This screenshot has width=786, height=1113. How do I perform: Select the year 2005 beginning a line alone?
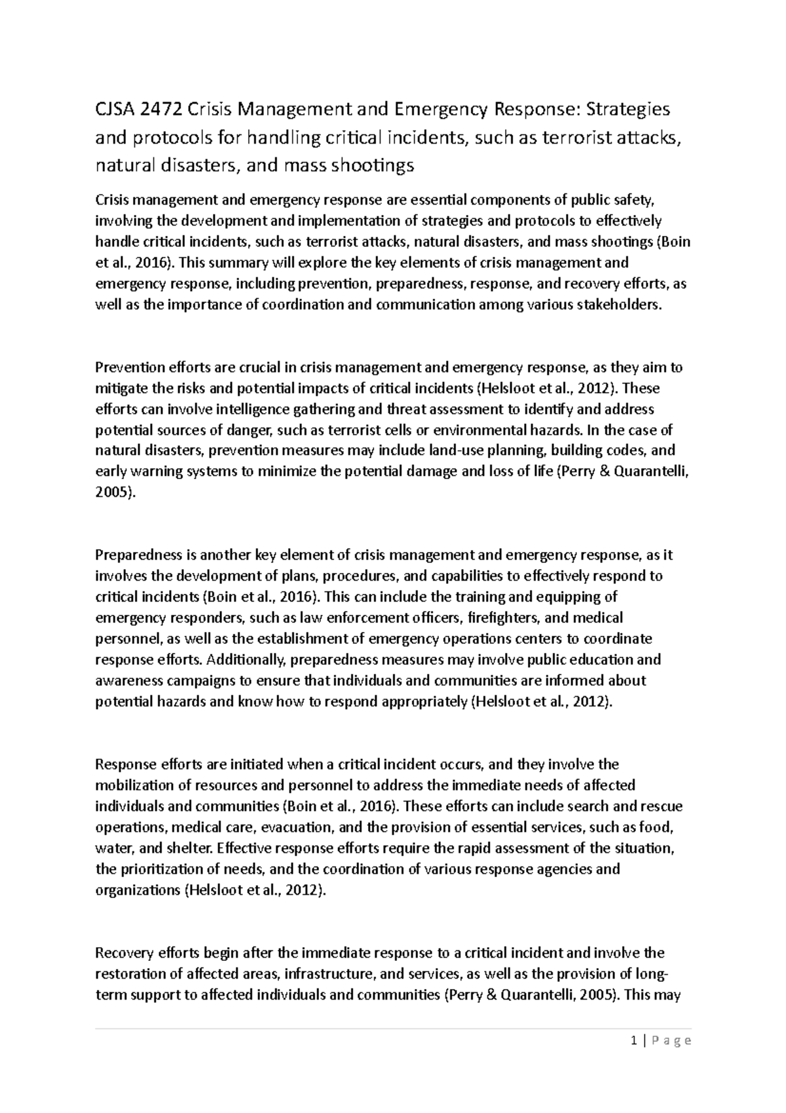pos(114,493)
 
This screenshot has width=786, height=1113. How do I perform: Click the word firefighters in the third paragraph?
pos(505,617)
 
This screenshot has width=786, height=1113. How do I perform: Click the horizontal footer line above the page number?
pos(393,1028)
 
